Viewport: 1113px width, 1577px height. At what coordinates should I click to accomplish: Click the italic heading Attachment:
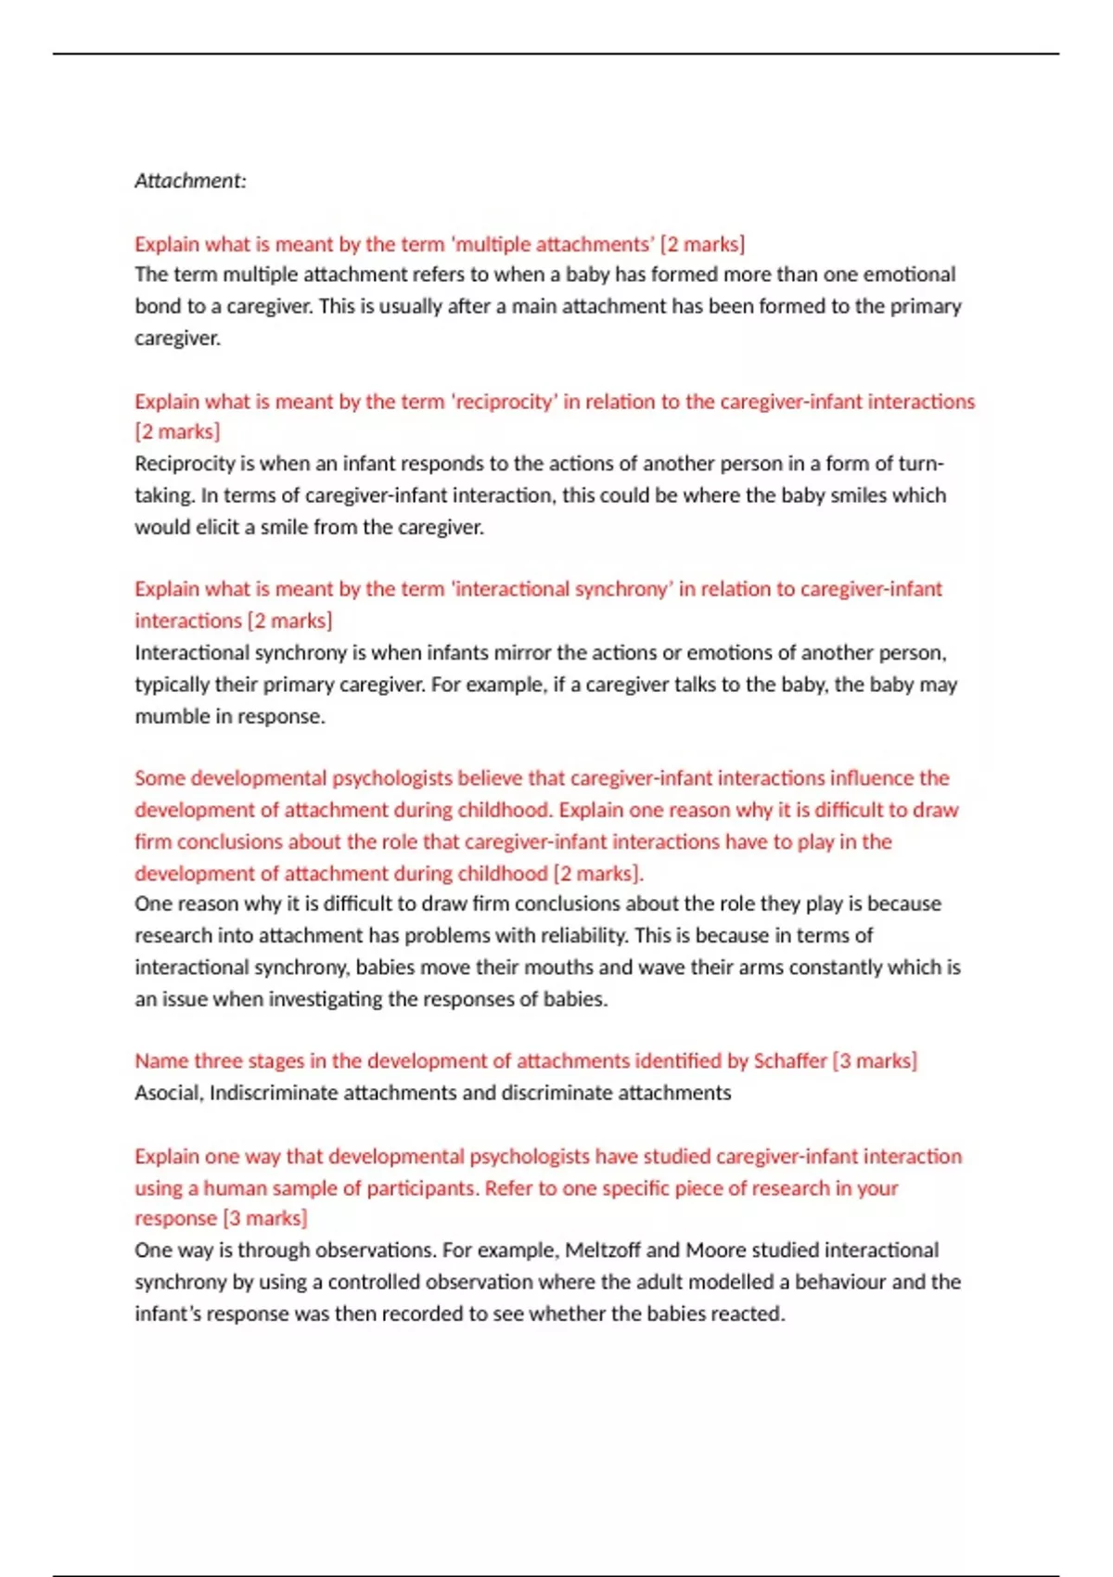coord(190,181)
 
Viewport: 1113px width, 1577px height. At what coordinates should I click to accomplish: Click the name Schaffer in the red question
coord(789,1061)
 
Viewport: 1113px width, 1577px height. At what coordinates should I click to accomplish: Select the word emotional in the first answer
coord(909,275)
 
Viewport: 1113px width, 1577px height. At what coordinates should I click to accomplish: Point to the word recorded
coord(429,1314)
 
